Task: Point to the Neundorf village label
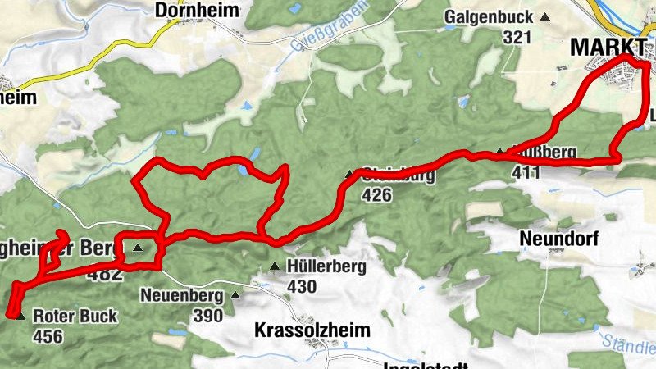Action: click(559, 239)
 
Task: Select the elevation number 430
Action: click(302, 287)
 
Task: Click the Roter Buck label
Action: click(75, 316)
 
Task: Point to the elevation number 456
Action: click(48, 336)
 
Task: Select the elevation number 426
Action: click(376, 195)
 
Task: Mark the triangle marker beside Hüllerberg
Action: click(275, 266)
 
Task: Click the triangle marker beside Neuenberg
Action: click(236, 294)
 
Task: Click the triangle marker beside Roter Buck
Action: click(19, 315)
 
